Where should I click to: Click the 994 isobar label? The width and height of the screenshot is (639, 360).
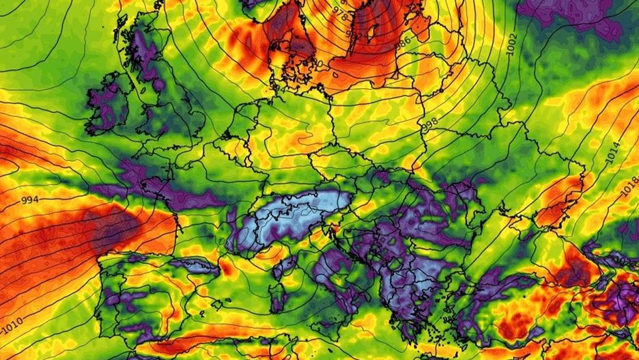(x=29, y=200)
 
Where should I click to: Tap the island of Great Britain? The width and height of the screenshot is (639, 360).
(x=164, y=102)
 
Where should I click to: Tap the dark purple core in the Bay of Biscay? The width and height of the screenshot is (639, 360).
(x=113, y=229)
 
